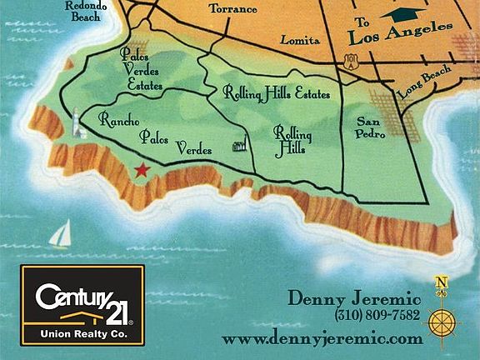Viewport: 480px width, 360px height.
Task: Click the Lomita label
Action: coord(300,39)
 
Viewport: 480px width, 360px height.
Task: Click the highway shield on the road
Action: coord(352,59)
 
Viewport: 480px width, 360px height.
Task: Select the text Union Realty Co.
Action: coord(82,332)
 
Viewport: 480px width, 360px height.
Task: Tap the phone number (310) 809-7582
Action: coord(377,317)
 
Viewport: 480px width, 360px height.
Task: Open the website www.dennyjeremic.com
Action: coord(322,339)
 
